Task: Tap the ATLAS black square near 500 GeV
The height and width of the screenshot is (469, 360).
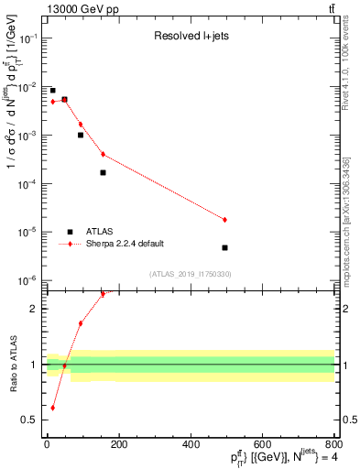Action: click(x=224, y=247)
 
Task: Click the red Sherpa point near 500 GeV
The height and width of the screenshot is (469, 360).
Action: click(x=224, y=220)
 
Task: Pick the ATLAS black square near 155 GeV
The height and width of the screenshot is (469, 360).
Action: click(x=103, y=172)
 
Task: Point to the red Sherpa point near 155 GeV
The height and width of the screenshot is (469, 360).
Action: click(x=103, y=154)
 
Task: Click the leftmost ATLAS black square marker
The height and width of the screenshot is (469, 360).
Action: click(x=52, y=91)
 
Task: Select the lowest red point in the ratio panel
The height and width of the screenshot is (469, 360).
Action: click(x=52, y=408)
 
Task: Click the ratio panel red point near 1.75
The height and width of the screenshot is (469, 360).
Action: click(x=81, y=323)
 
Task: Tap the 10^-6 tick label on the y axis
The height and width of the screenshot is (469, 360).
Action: click(x=29, y=280)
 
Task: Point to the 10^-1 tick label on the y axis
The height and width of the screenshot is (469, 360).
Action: click(x=29, y=38)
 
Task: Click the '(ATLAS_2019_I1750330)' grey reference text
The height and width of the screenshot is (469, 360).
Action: click(x=190, y=274)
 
